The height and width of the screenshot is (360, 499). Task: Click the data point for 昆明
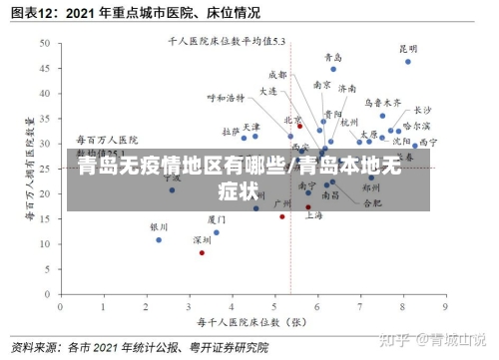[x=407, y=62]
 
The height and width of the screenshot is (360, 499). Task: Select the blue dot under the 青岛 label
[x=333, y=69]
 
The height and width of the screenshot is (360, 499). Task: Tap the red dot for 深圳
[x=202, y=252]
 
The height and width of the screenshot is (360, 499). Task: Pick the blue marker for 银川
[x=159, y=239]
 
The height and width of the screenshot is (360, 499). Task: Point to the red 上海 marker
[x=308, y=207]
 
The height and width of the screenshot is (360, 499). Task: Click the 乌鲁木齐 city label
[x=382, y=102]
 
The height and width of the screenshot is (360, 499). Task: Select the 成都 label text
[x=277, y=75]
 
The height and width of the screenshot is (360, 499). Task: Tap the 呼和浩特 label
[x=225, y=98]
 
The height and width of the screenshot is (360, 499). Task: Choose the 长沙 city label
[x=422, y=110]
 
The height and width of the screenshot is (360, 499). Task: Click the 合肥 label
[x=371, y=203]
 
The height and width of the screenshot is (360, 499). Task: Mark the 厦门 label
[x=217, y=218]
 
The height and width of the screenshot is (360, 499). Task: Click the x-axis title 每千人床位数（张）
[x=249, y=321]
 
